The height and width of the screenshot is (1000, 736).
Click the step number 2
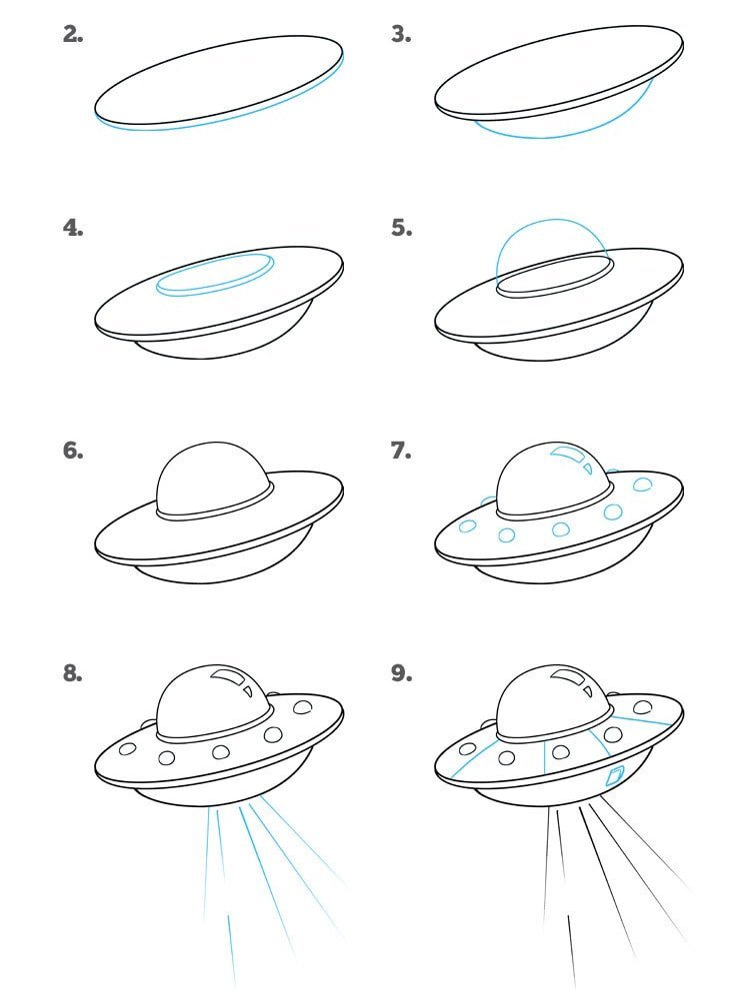(x=73, y=34)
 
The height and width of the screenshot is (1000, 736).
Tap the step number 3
(x=401, y=34)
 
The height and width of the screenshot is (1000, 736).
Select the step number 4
(x=73, y=228)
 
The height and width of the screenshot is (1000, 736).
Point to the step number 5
(x=401, y=228)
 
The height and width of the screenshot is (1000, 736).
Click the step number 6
(x=73, y=451)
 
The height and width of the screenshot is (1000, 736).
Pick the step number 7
(x=401, y=451)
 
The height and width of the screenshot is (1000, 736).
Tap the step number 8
(x=73, y=673)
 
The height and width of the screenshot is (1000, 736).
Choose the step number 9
(x=401, y=673)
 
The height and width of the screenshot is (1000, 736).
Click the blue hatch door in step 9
(x=613, y=777)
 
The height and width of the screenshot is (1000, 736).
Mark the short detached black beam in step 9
(x=572, y=950)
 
